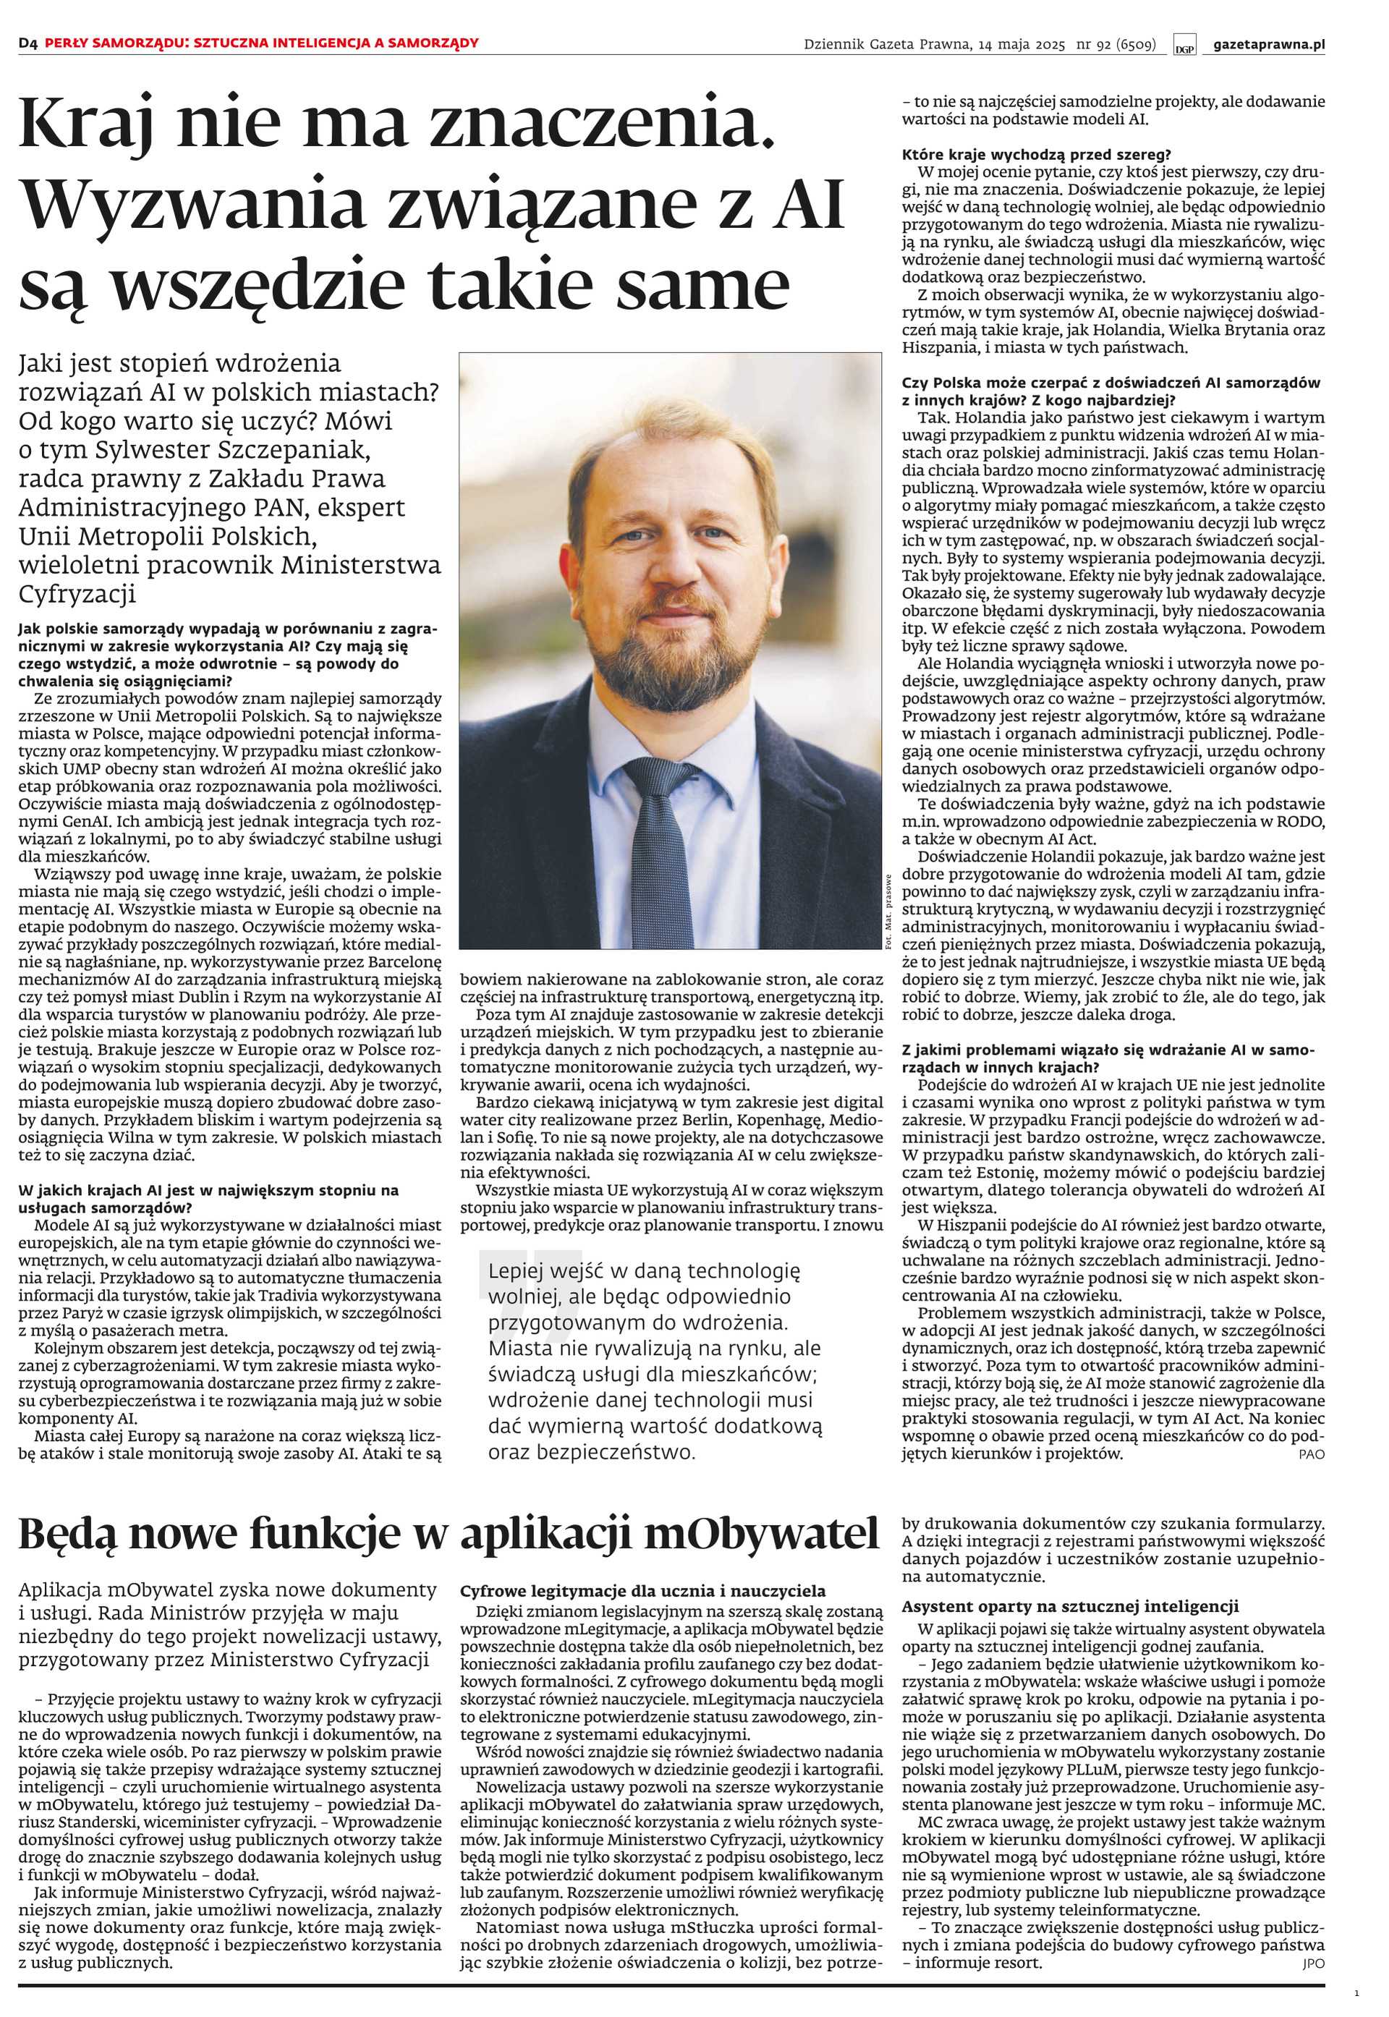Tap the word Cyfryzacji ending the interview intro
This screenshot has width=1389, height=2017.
tap(78, 595)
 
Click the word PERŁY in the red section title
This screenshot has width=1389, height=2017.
tap(67, 43)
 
